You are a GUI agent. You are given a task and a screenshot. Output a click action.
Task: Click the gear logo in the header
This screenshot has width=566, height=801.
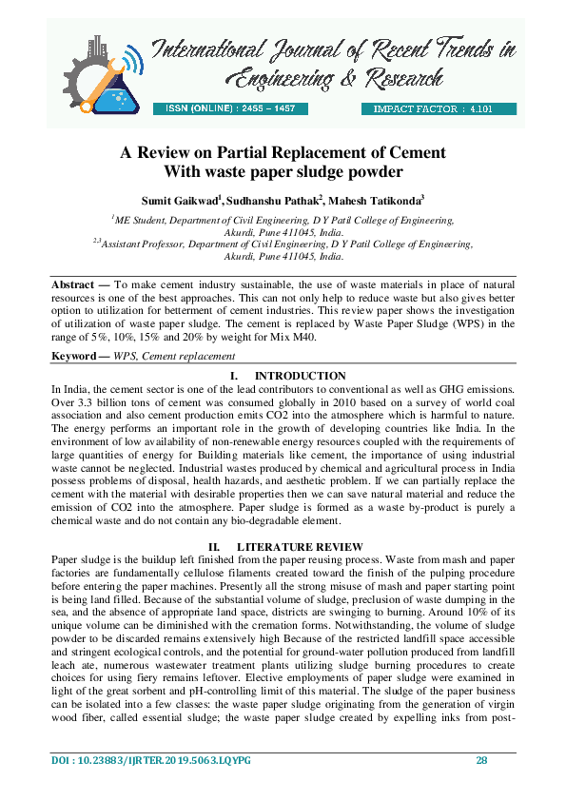pos(95,71)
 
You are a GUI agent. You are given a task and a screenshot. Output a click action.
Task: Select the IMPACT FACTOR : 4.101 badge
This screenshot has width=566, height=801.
pos(439,108)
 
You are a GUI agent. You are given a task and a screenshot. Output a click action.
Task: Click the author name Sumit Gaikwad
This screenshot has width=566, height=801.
pos(180,201)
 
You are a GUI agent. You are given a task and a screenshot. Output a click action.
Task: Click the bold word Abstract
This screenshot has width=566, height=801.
pos(72,283)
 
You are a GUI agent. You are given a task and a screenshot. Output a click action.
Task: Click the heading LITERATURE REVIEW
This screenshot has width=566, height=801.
pos(301,547)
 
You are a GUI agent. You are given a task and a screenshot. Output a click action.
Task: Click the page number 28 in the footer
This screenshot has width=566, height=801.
pos(481,761)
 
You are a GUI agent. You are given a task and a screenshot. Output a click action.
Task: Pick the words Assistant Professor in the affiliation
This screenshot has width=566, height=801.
pos(146,244)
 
